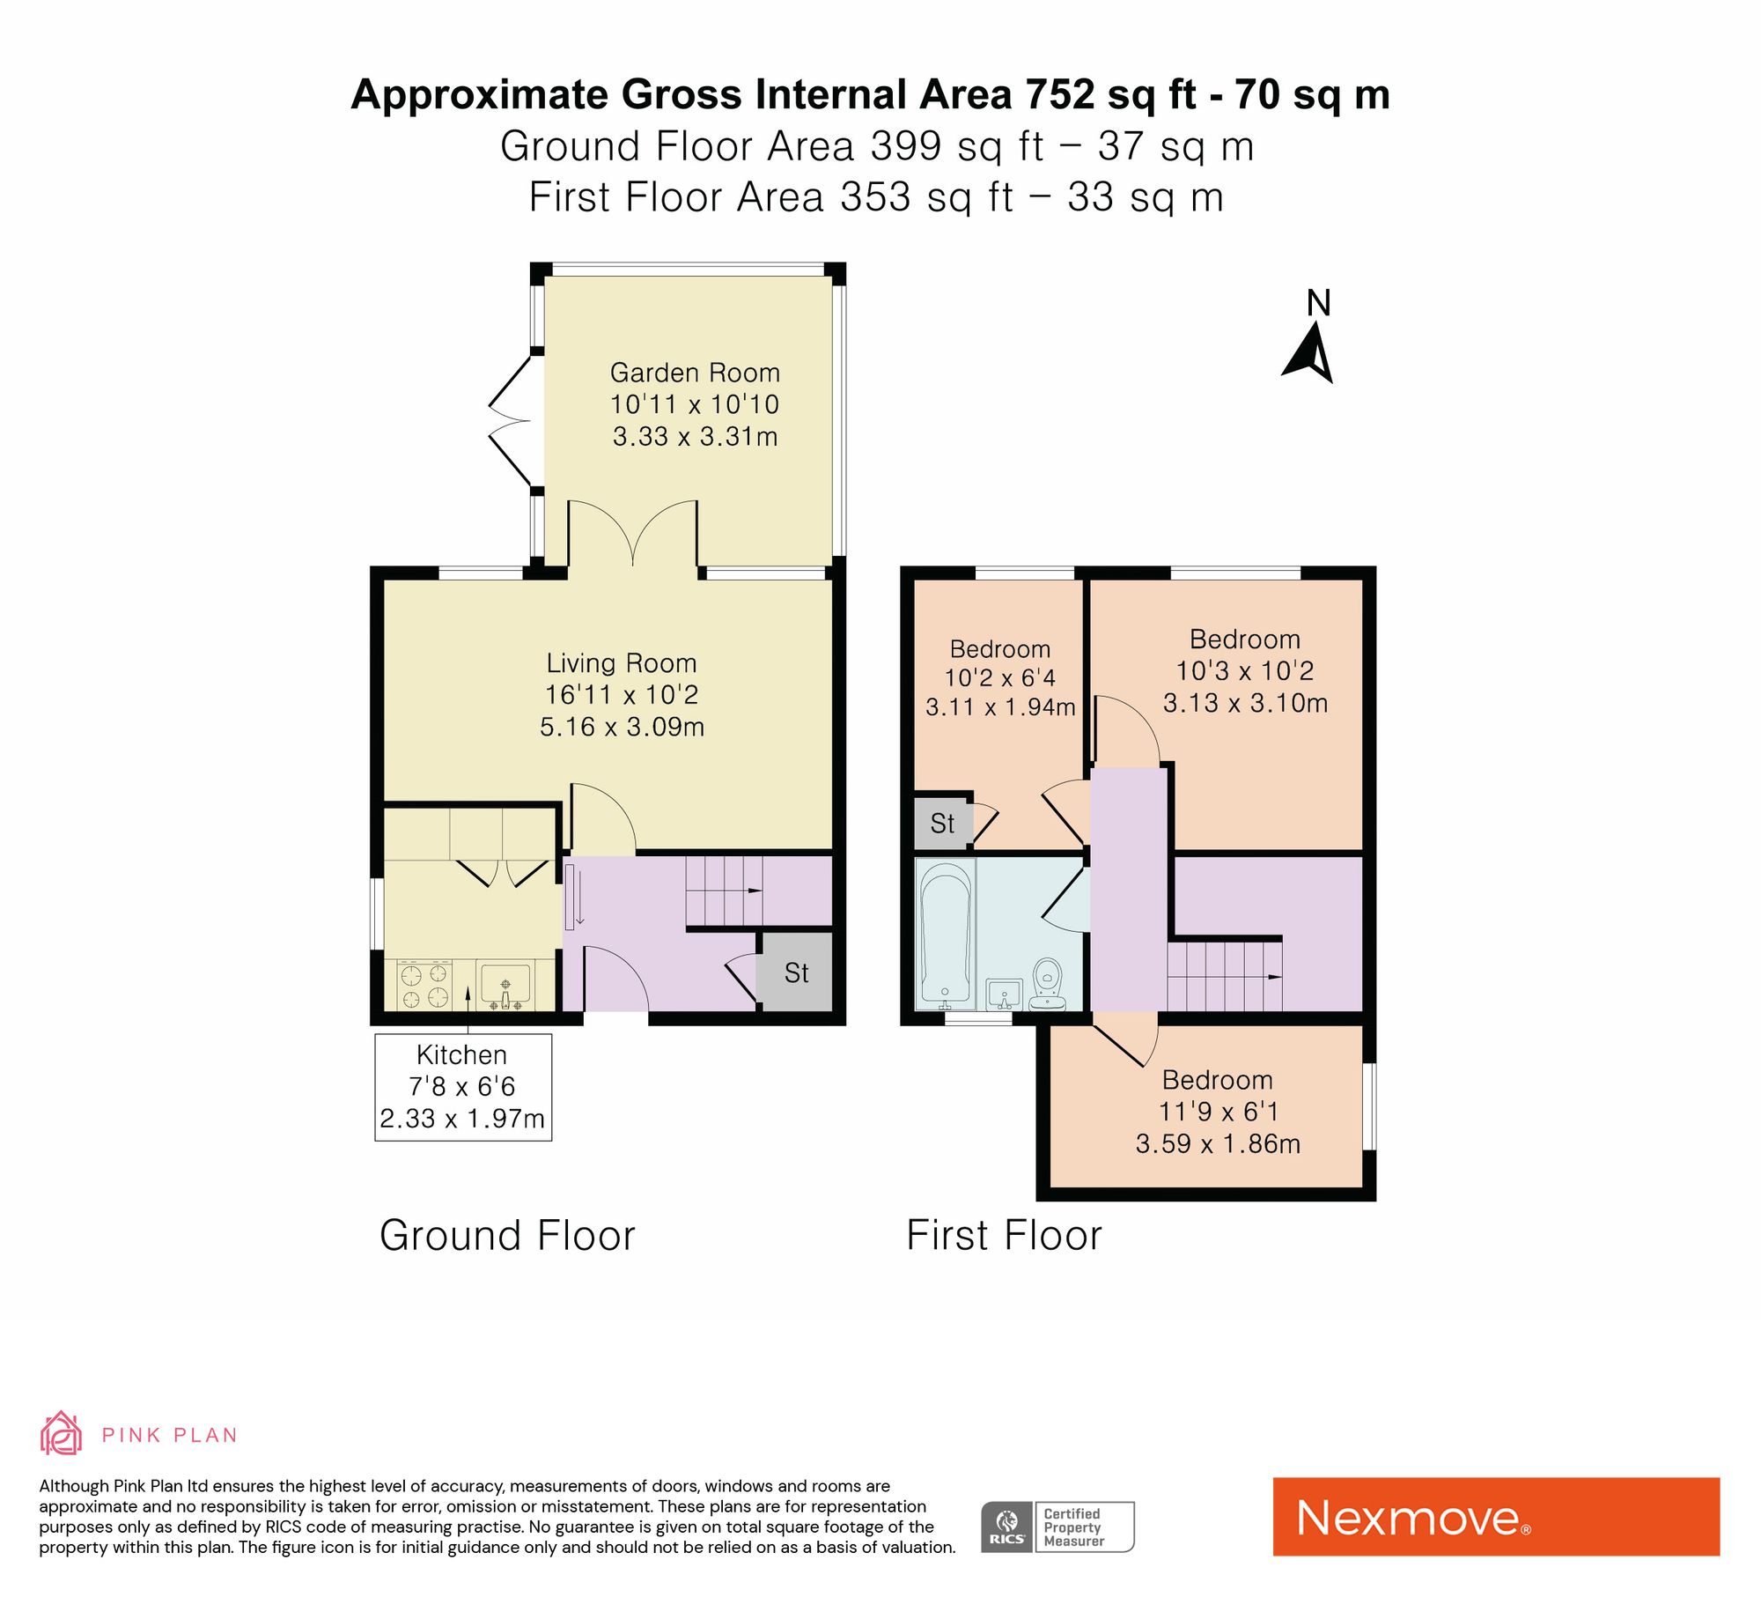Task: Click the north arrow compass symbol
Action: [x=1310, y=352]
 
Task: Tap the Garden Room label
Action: [x=695, y=373]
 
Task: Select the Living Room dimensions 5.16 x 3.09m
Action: [x=622, y=727]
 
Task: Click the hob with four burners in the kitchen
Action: [x=425, y=985]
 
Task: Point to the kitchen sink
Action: [x=505, y=985]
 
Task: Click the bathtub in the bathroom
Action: [x=946, y=934]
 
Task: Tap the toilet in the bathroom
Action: [x=1047, y=985]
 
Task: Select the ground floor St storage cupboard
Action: [x=796, y=972]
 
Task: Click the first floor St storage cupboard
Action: [x=942, y=823]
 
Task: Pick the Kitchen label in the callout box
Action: [x=461, y=1054]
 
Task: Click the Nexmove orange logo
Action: [x=1496, y=1517]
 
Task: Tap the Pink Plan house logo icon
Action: [x=61, y=1433]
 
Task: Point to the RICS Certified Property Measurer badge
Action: [x=1057, y=1527]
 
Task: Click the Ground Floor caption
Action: [x=507, y=1235]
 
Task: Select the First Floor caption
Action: [x=1004, y=1235]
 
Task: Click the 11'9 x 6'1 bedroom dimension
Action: [x=1218, y=1112]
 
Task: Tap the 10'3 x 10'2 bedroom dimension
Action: [x=1245, y=671]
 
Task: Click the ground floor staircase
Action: [x=724, y=891]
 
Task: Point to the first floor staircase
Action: [x=1225, y=976]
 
